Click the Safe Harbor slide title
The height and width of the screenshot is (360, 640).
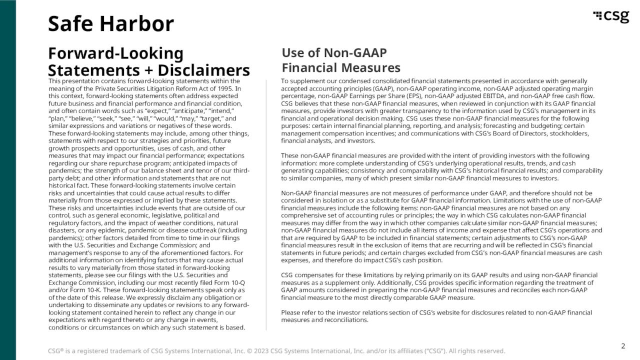(x=110, y=23)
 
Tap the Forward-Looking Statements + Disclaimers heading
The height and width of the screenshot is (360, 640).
(x=148, y=62)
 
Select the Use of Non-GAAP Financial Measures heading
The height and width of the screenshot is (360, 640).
(x=341, y=60)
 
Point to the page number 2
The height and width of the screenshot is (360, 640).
(x=623, y=346)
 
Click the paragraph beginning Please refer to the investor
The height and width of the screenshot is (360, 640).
(x=436, y=316)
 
